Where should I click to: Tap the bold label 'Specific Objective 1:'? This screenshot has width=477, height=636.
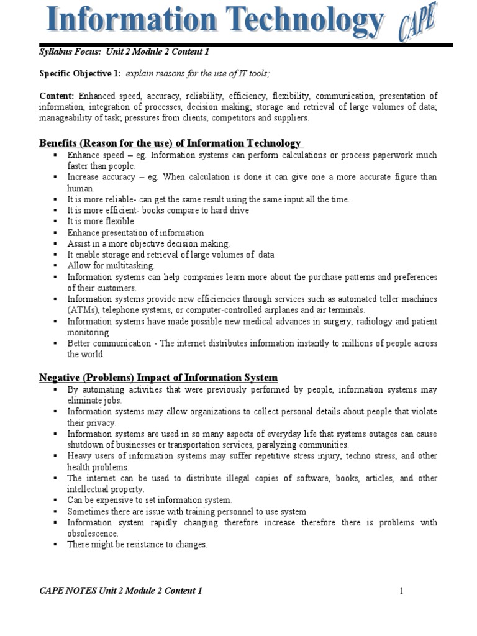(x=80, y=74)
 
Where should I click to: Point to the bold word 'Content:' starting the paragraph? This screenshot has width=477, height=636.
(x=57, y=96)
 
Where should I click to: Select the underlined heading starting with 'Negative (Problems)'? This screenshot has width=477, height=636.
(x=158, y=378)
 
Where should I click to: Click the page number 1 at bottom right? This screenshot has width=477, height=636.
(x=402, y=591)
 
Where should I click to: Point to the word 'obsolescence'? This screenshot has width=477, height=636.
(x=93, y=534)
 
